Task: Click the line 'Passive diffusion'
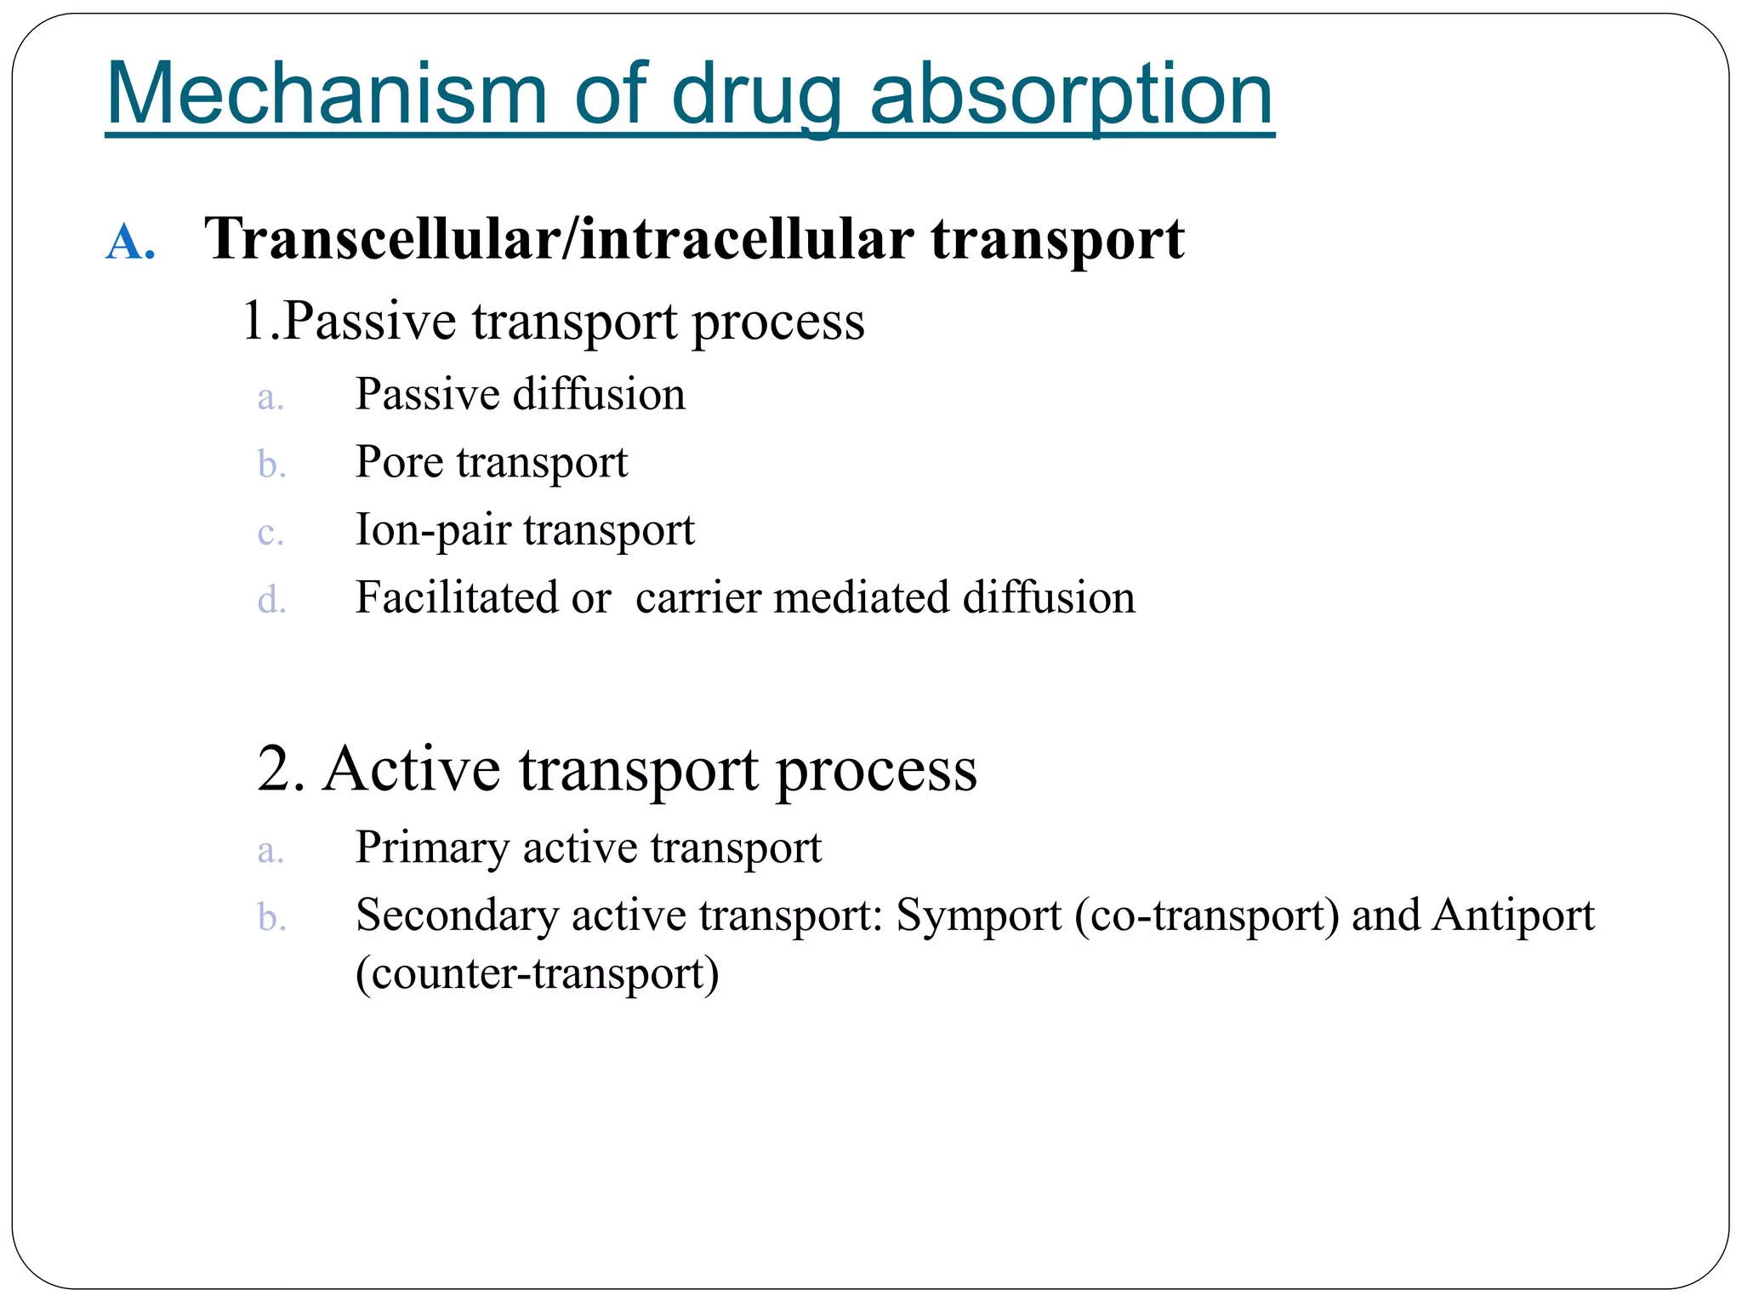tap(520, 394)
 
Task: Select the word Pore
tap(399, 462)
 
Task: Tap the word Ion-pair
tap(432, 530)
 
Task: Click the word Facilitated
tap(456, 597)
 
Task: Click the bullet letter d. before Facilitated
tap(271, 601)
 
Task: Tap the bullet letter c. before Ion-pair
tap(270, 534)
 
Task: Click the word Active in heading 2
tap(412, 769)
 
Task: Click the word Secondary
tap(456, 916)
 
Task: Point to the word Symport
tap(978, 916)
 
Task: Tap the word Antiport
tap(1513, 916)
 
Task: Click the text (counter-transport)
tap(537, 973)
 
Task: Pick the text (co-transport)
tap(1207, 916)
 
